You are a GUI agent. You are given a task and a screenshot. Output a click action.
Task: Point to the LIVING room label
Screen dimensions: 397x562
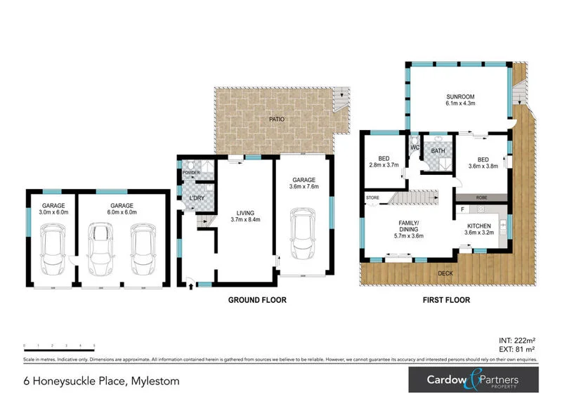tap(244, 212)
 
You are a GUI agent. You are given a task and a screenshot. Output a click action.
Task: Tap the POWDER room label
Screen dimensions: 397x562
tap(191, 173)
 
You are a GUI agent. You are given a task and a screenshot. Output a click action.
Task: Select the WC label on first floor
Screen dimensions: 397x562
tap(414, 148)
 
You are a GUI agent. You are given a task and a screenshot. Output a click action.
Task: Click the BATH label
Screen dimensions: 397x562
tap(438, 151)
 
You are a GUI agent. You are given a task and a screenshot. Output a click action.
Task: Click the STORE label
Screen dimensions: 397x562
tap(372, 199)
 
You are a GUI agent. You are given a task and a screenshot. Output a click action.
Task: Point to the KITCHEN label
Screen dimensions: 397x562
tap(478, 225)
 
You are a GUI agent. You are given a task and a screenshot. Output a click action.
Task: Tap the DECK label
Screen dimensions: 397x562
tap(445, 273)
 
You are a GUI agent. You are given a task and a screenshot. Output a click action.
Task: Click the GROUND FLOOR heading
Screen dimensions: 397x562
tap(257, 299)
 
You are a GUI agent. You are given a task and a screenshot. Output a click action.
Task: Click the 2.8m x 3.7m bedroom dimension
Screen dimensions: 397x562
tap(383, 165)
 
